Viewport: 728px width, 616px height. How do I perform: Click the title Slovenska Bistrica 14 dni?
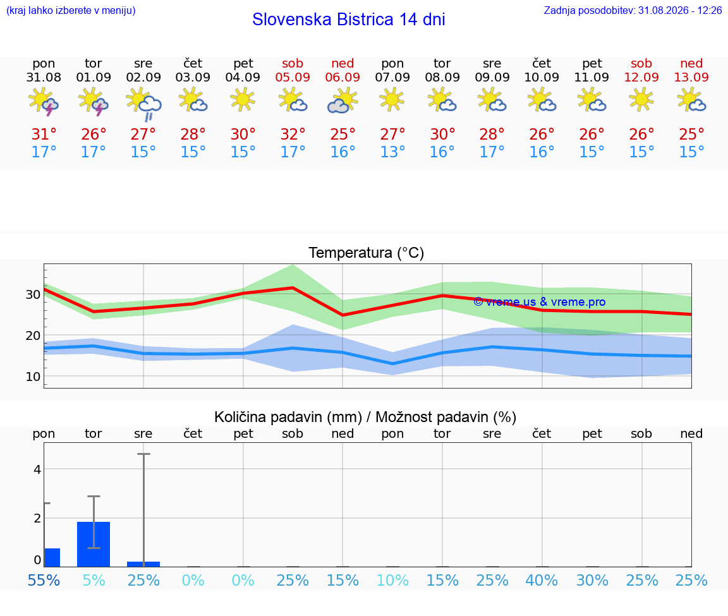[x=349, y=20]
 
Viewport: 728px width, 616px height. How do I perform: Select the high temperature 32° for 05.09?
[x=293, y=134]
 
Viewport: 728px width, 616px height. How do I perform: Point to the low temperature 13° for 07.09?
[x=392, y=152]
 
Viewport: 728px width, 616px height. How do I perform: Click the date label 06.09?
[x=343, y=78]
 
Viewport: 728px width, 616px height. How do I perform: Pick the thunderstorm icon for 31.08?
[x=44, y=102]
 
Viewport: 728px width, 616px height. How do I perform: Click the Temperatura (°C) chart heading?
[x=367, y=253]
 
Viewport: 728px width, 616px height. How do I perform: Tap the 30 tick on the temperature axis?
[x=33, y=294]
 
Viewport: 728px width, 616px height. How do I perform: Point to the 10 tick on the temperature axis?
[x=33, y=377]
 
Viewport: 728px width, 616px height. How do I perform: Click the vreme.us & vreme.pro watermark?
[x=540, y=302]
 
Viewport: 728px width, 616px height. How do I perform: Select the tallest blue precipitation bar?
[x=94, y=544]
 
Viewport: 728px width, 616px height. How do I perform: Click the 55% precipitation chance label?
[x=44, y=581]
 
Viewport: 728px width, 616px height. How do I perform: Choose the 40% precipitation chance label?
[x=542, y=581]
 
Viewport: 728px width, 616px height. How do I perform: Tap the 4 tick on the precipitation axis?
[x=37, y=469]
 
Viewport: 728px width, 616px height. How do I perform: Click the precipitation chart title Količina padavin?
[x=288, y=417]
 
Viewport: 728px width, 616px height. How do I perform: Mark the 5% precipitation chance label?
[x=94, y=581]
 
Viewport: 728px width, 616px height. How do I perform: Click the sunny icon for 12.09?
[x=641, y=100]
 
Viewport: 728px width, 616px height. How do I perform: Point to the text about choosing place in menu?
[x=71, y=10]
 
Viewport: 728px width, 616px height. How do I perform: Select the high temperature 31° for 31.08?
[x=44, y=134]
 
